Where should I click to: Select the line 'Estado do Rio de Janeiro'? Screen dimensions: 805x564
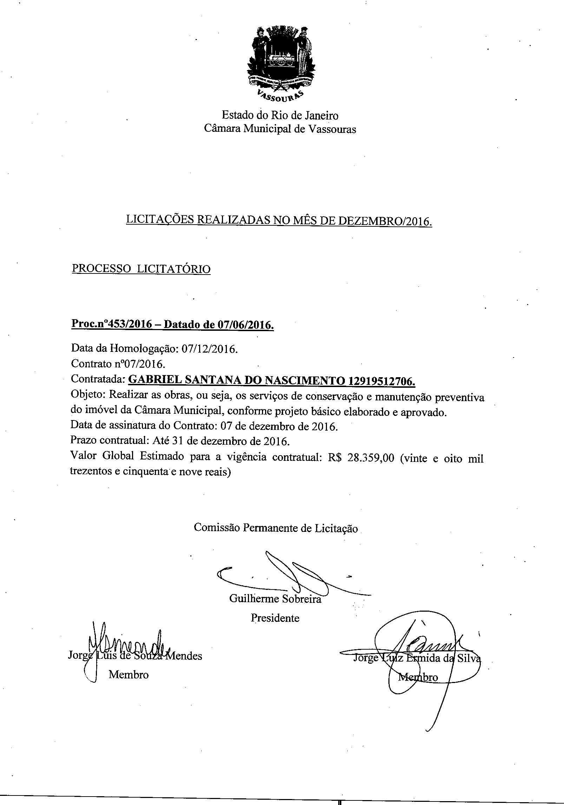click(280, 115)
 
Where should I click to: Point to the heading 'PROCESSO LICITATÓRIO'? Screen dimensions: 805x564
click(141, 269)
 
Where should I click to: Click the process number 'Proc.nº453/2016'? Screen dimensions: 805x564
click(112, 324)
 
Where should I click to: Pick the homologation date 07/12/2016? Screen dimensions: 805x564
click(210, 349)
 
